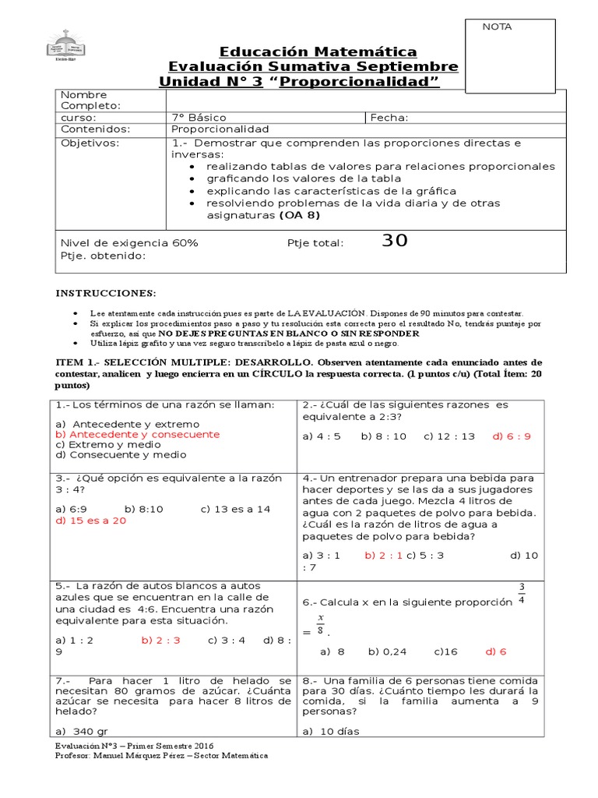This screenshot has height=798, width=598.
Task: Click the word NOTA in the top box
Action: click(x=498, y=26)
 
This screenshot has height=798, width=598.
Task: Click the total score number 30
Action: click(x=395, y=241)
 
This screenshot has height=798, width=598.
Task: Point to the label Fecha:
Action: click(x=389, y=118)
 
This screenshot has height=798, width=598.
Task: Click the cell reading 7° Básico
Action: click(x=199, y=118)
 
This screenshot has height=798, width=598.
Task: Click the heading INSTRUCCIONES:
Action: click(x=105, y=293)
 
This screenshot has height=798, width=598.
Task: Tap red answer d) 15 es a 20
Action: click(x=90, y=521)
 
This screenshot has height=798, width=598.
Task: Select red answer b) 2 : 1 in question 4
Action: click(x=382, y=556)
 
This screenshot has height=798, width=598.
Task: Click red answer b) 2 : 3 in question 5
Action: click(x=160, y=640)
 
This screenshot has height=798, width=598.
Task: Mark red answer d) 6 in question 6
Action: click(x=496, y=651)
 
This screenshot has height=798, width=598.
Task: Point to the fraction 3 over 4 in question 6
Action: click(x=522, y=593)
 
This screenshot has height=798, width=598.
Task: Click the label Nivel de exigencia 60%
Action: click(x=129, y=242)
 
